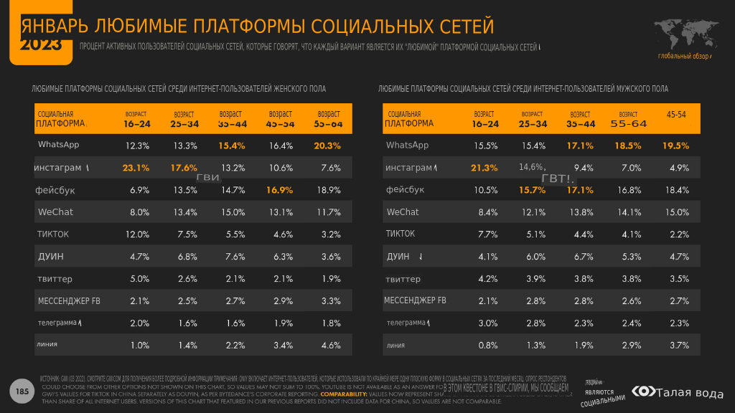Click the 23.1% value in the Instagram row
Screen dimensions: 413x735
[x=136, y=168]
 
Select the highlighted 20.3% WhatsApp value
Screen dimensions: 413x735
[x=327, y=146]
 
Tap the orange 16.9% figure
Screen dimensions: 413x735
[x=281, y=190]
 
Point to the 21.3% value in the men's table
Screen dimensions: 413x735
[x=484, y=168]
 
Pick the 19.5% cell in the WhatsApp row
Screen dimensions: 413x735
[x=675, y=146]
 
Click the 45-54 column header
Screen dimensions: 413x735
[x=676, y=115]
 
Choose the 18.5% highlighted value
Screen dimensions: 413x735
[x=628, y=146]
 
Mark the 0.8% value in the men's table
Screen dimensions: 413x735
[x=487, y=345]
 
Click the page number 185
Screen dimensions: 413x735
[x=22, y=391]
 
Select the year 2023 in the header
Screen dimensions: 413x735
[x=40, y=45]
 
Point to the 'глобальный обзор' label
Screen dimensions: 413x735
[x=683, y=56]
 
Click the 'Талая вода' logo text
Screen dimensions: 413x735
[x=690, y=392]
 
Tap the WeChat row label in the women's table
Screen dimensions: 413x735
[x=55, y=212]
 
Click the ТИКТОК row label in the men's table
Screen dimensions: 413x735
[x=401, y=234]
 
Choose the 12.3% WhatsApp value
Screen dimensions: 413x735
[x=137, y=146]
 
